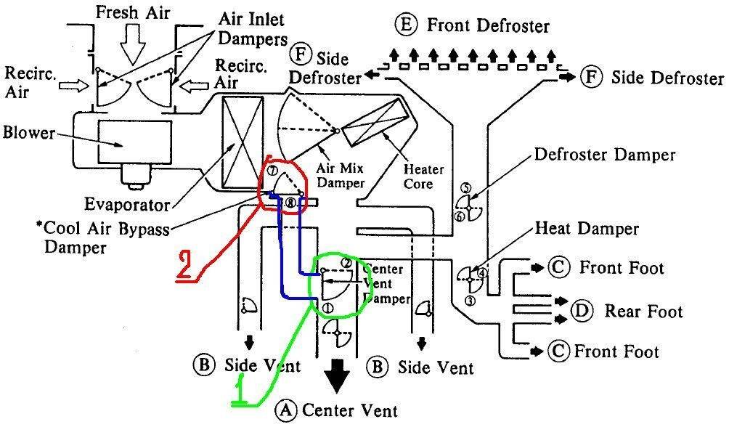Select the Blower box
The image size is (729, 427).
(129, 142)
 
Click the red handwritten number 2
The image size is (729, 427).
(187, 266)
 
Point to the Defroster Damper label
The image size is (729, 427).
(604, 155)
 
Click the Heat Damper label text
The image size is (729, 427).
(587, 229)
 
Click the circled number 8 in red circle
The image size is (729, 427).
(290, 204)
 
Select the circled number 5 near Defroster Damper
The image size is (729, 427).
(466, 188)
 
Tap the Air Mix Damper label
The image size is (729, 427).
(341, 176)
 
